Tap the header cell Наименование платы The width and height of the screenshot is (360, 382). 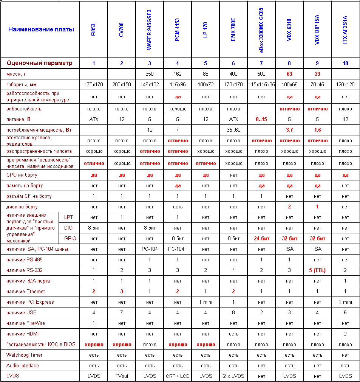tap(41, 29)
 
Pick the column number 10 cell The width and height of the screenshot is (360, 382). tap(345, 63)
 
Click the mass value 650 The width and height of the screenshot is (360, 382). tap(150, 74)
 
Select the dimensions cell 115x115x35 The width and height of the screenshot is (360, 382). tap(261, 84)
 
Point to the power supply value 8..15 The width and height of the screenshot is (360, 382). tap(261, 120)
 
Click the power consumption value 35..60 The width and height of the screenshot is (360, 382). tap(233, 130)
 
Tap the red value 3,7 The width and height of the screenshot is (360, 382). tap(289, 130)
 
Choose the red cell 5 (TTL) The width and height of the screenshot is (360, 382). tap(317, 270)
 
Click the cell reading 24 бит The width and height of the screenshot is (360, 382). tap(261, 239)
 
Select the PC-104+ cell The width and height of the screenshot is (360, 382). tap(178, 249)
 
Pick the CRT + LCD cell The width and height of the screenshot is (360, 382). tap(178, 376)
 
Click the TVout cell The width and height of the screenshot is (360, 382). tap(122, 376)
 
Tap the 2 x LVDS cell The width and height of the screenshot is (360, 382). tap(233, 376)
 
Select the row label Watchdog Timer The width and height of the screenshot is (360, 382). tap(25, 355)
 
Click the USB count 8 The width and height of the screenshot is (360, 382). tap(233, 313)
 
